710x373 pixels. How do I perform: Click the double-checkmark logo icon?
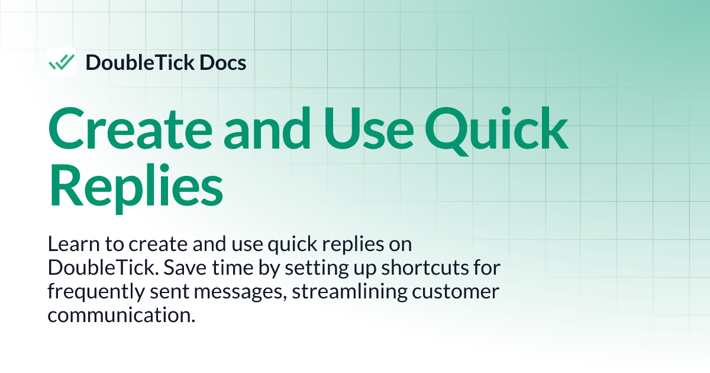tap(62, 62)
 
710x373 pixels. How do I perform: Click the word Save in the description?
tap(183, 268)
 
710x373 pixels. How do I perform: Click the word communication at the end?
tap(121, 315)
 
